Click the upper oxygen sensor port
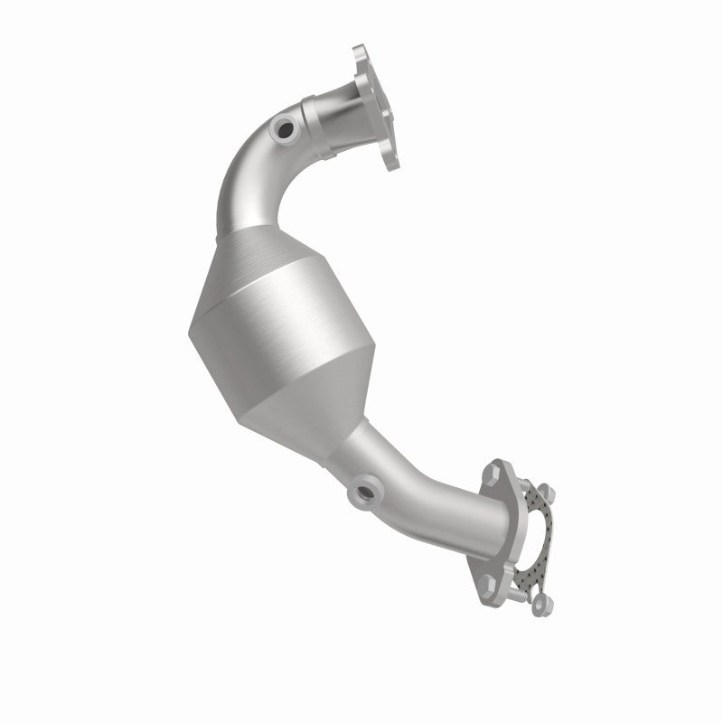tap(286, 128)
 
